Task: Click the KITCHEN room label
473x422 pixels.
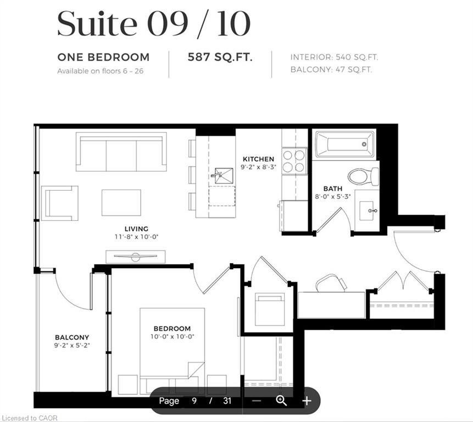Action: pos(259,159)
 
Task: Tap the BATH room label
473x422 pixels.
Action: pos(333,188)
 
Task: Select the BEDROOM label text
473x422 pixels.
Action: pos(172,329)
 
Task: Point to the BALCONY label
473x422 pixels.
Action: pos(72,337)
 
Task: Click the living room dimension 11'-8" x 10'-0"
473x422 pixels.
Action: pos(136,237)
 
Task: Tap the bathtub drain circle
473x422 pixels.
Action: pos(364,144)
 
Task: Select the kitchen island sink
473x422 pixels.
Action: pos(223,175)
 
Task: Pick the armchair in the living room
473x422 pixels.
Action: pos(60,203)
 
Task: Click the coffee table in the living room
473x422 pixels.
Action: pos(121,202)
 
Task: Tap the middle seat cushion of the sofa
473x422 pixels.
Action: pos(121,156)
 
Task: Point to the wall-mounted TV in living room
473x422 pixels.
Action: pos(136,257)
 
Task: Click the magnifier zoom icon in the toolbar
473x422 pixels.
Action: pos(281,401)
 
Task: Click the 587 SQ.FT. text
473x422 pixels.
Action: pos(220,57)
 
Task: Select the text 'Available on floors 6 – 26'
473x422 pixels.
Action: pos(100,71)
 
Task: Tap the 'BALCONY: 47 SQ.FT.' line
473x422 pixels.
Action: pos(331,70)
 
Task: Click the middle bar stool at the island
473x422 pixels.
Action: pos(192,175)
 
